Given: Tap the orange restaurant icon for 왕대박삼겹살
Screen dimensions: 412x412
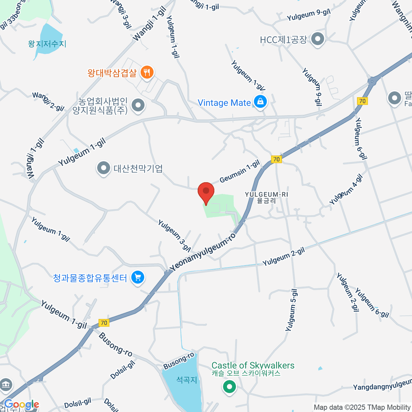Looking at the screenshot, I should pos(147,72).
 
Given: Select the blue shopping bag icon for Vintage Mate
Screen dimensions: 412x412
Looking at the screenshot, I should pos(260,102).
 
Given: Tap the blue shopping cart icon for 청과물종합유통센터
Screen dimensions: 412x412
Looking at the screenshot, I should pos(138,277).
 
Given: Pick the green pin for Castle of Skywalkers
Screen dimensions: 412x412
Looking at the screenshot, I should pos(229,387).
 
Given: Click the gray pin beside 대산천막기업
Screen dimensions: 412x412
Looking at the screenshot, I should pos(103,168).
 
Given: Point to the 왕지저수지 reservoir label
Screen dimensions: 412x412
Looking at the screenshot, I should pos(47,44).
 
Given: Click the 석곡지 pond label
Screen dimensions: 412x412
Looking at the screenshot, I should pos(186,380).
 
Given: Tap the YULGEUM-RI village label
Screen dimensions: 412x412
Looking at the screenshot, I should pos(266,197).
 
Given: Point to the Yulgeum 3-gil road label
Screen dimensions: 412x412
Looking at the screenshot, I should pos(174,235).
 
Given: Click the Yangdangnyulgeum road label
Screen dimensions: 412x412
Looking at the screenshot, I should pos(382,385).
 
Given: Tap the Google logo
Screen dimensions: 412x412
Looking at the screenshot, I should pos(21,404).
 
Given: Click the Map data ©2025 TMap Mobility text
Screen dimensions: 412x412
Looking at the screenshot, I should pos(362,407).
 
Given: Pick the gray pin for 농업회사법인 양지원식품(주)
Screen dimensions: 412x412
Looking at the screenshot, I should pos(138,105).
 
